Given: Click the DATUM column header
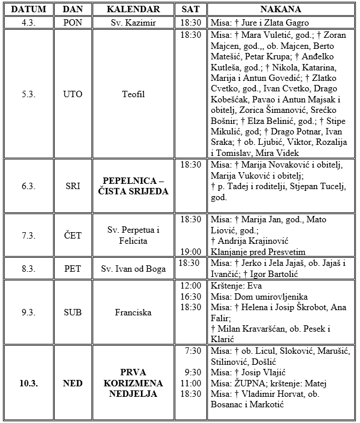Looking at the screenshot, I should pyautogui.click(x=28, y=10).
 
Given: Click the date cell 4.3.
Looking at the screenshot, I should pyautogui.click(x=28, y=23).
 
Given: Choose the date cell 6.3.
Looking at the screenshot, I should pyautogui.click(x=28, y=186).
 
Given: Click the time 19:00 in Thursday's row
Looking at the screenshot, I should pyautogui.click(x=190, y=251).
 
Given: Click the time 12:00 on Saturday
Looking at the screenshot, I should pyautogui.click(x=190, y=286).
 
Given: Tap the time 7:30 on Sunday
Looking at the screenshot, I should pyautogui.click(x=193, y=350).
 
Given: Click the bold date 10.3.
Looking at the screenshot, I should pyautogui.click(x=28, y=383).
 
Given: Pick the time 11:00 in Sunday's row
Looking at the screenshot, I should pyautogui.click(x=190, y=383).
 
